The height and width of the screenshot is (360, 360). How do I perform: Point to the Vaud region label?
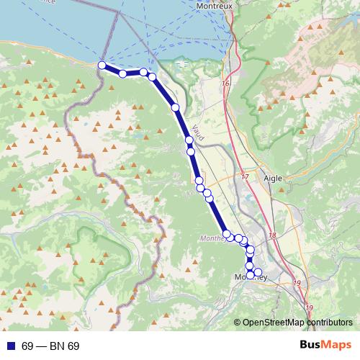coord(199,133)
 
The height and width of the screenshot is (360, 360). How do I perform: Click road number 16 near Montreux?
coord(225,84)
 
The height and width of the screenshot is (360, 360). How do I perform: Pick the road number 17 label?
coord(244,176)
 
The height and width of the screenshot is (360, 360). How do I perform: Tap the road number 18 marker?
coord(272,235)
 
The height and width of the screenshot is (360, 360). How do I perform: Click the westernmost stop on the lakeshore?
coord(102,66)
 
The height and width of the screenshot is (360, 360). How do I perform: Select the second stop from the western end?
coord(123,73)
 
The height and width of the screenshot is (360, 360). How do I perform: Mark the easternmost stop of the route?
coord(258,272)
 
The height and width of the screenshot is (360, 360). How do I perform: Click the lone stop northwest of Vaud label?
coord(176,107)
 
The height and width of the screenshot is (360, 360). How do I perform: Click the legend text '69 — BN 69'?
coord(50,346)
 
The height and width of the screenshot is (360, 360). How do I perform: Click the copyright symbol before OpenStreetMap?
coord(238,323)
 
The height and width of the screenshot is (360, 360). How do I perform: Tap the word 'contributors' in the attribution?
coord(329,323)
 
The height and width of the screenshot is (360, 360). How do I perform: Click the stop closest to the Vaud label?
coord(189,140)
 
